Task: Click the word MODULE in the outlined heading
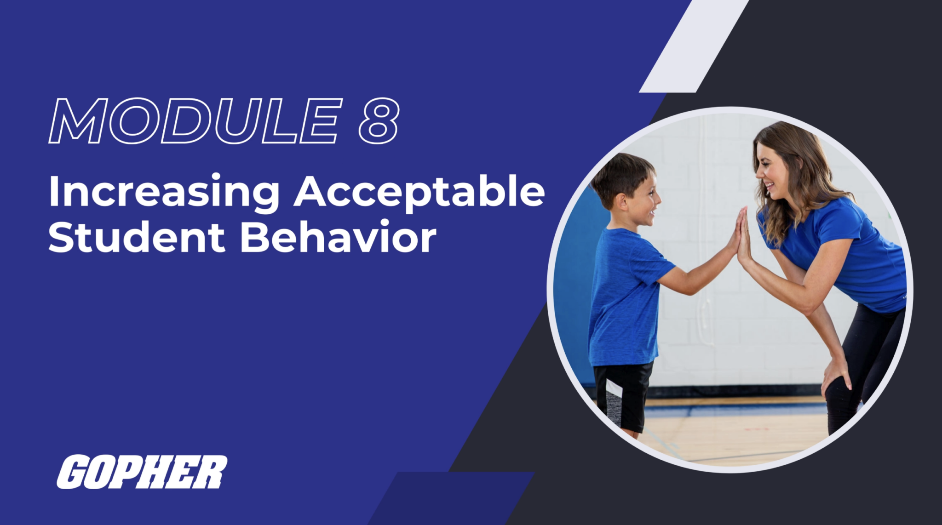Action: pos(195,121)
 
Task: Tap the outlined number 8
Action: pos(379,121)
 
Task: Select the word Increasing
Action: pos(163,192)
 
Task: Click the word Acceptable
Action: pos(419,192)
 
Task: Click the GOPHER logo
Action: pos(142,472)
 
